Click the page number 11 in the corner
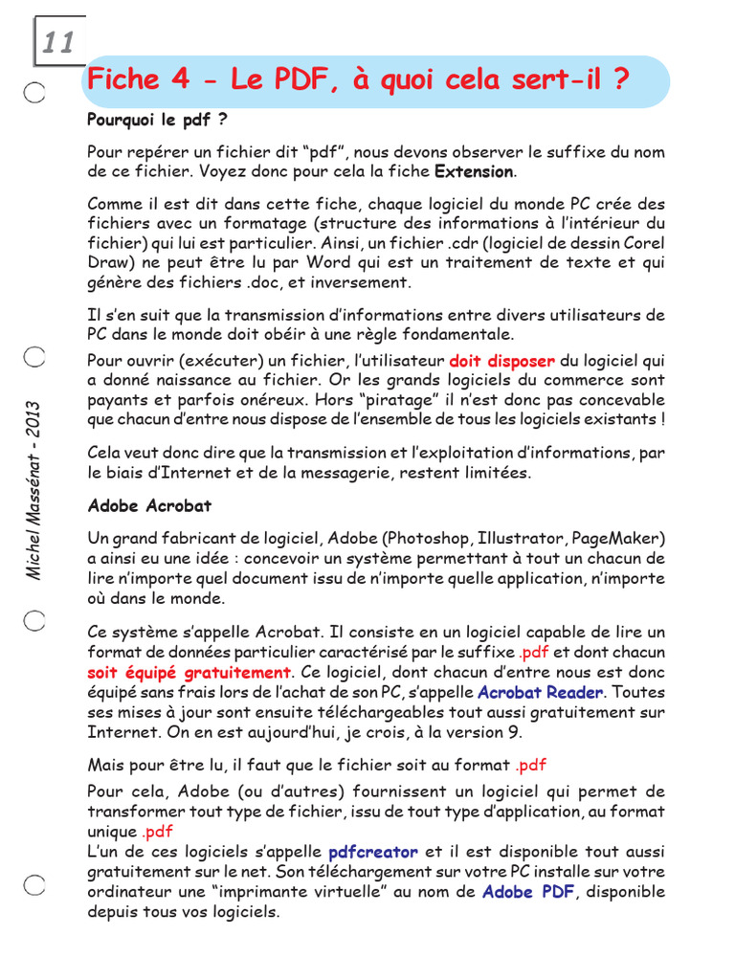(57, 42)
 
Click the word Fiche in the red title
(123, 80)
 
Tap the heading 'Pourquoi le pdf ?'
(158, 122)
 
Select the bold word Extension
(474, 172)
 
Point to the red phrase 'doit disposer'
(501, 362)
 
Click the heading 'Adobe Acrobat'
(149, 505)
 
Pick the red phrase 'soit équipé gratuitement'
(189, 673)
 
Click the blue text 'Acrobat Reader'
(540, 692)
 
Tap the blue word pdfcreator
(373, 852)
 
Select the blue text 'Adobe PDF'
(527, 892)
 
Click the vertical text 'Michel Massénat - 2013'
(33, 489)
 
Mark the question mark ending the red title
(621, 80)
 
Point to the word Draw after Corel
(108, 263)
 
